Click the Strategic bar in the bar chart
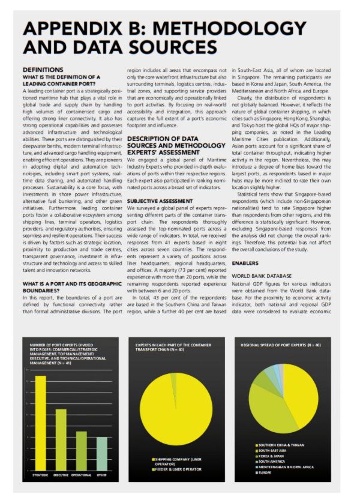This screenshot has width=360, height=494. pos(40,423)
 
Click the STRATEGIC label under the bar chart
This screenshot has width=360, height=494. pos(40,475)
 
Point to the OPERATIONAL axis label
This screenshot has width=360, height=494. pos(81,475)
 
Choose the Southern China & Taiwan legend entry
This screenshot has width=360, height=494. pos(281,444)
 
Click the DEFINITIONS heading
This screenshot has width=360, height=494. pos(43,70)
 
